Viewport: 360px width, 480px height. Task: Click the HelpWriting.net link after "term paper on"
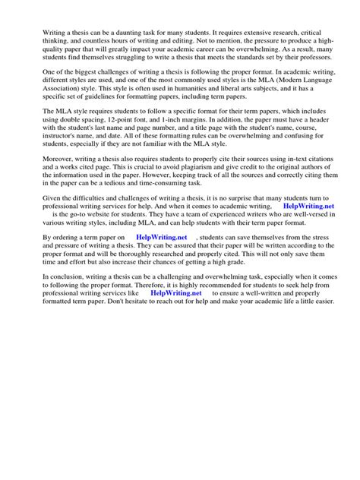pyautogui.click(x=162, y=258)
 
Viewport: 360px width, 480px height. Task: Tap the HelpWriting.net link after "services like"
pyautogui.click(x=176, y=313)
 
